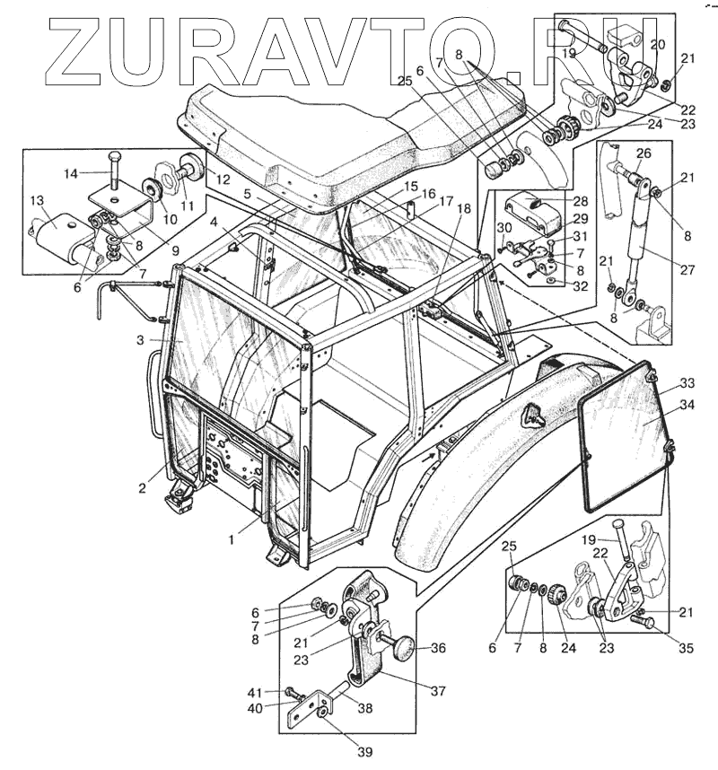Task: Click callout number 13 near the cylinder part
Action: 38,200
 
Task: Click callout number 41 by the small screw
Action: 255,692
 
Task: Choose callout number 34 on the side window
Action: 687,405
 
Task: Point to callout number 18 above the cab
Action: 463,208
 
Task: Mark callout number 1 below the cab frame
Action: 232,538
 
